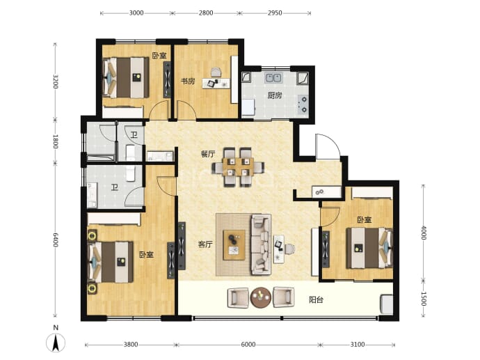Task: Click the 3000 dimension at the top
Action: coord(136,13)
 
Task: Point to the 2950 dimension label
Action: coord(275,13)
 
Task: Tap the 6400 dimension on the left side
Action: coord(56,240)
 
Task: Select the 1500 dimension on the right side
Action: coord(424,299)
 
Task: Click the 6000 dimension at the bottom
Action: coord(248,345)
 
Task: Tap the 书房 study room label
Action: coord(188,81)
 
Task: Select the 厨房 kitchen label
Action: coord(275,95)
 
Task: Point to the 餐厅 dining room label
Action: coord(208,154)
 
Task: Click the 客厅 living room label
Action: coord(205,244)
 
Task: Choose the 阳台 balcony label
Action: coord(316,299)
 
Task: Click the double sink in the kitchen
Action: coord(273,78)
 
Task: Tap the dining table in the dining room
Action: coord(239,167)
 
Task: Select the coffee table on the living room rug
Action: coord(234,245)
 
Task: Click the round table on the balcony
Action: coord(261,297)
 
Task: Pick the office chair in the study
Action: coord(216,72)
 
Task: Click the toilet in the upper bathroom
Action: coord(130,152)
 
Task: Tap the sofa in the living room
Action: coord(261,244)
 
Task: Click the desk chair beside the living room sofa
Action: coord(289,249)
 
